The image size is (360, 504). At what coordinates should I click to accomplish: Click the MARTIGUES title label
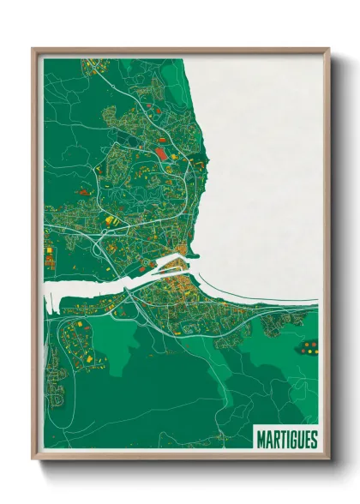(286, 440)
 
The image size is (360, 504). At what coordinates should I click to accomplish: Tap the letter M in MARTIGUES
(261, 440)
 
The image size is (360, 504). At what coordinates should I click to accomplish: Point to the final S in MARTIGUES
(314, 440)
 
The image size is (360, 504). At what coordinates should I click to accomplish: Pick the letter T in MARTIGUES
(281, 440)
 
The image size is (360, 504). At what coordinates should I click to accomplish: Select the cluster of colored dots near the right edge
(309, 347)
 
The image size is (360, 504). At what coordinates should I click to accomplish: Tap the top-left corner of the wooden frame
(33, 50)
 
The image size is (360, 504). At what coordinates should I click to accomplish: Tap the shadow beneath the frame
(180, 468)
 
